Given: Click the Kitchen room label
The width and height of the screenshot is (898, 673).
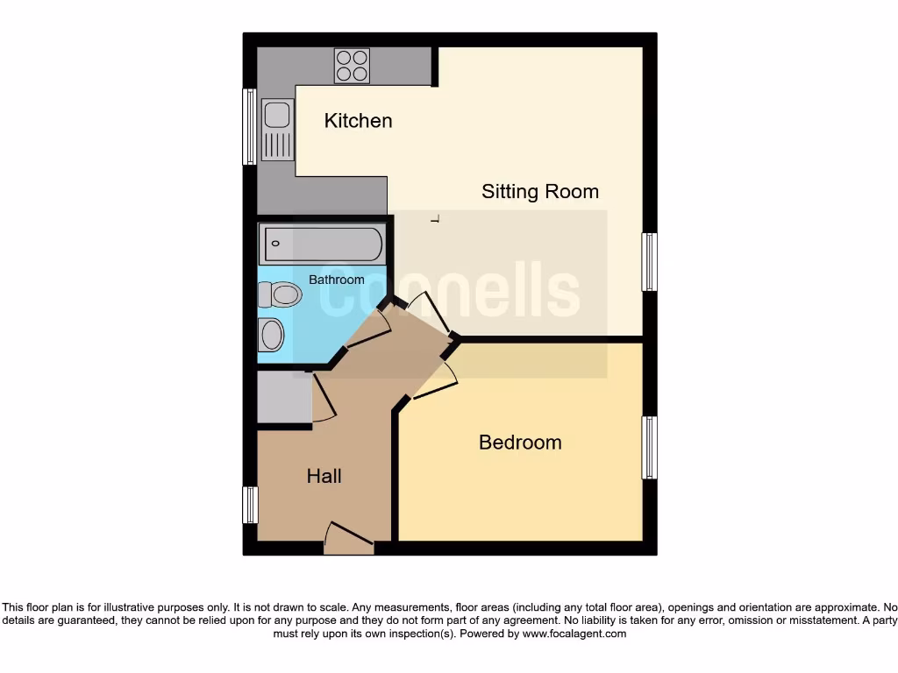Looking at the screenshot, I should (x=358, y=121).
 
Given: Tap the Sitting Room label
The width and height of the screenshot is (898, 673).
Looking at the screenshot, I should (x=539, y=191).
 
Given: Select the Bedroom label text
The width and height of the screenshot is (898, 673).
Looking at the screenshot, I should (x=520, y=443).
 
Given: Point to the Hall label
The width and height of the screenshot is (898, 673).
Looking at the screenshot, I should (x=324, y=477).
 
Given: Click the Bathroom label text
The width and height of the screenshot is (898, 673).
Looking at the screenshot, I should (x=336, y=280).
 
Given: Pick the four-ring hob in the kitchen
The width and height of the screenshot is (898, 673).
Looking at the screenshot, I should (x=352, y=66).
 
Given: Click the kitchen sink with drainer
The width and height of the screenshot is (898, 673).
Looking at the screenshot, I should (x=277, y=131).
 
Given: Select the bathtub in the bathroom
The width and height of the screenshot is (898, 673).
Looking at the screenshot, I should (x=321, y=244).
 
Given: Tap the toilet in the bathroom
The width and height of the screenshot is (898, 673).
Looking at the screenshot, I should (x=280, y=294).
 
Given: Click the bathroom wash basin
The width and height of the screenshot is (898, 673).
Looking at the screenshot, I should (x=271, y=335).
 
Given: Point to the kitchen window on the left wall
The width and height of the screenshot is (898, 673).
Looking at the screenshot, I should (x=249, y=126).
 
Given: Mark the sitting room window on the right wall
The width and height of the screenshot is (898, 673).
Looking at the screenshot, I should (x=649, y=261).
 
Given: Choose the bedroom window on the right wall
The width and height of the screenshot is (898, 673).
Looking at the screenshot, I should (x=649, y=447).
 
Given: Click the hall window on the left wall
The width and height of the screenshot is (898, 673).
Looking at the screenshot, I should (x=250, y=505).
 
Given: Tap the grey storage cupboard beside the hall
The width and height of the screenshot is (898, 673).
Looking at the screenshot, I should (x=284, y=398).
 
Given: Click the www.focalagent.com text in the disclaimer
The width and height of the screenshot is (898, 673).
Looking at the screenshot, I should (x=575, y=634).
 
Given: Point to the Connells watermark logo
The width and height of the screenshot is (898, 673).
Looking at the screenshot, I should (x=449, y=291).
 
